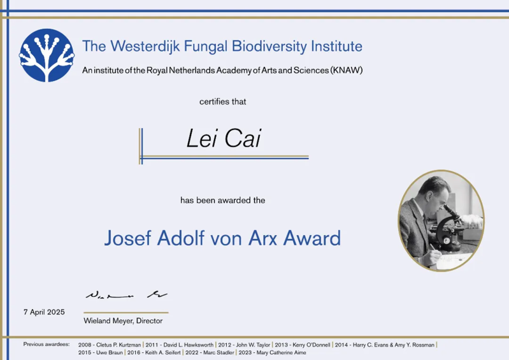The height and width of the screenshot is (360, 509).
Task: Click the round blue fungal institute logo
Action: (x=47, y=55)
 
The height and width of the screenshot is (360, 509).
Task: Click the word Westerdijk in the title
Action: (x=145, y=47)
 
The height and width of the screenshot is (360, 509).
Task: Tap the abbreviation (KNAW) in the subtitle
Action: (x=347, y=71)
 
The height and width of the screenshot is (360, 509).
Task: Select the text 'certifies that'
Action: (x=223, y=101)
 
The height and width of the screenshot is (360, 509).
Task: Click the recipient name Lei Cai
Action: (x=224, y=138)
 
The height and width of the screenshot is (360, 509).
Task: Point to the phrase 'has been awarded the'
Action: (x=223, y=200)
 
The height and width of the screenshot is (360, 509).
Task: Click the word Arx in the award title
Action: (x=262, y=238)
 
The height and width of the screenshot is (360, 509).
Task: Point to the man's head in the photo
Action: (x=434, y=192)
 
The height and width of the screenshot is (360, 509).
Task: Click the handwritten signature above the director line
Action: (x=126, y=295)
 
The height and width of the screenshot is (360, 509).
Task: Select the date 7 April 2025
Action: (x=44, y=312)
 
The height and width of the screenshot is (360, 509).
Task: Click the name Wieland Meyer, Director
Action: (x=123, y=320)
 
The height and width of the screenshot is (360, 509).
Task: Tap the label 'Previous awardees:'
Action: (x=47, y=344)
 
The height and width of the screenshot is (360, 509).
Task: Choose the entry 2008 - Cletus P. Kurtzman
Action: (x=110, y=345)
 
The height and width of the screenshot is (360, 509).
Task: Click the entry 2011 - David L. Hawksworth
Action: (x=180, y=345)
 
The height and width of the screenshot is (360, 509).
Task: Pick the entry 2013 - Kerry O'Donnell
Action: (x=303, y=345)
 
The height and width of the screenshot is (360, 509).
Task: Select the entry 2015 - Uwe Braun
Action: (x=100, y=352)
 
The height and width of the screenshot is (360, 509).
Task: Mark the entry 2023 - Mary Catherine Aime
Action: (x=273, y=352)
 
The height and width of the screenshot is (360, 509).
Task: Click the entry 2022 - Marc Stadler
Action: (x=210, y=352)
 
